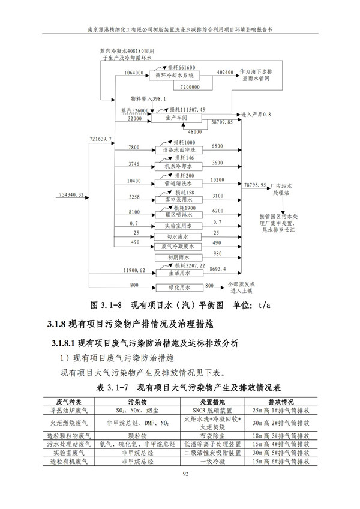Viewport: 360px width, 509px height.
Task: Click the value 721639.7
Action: (101, 140)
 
